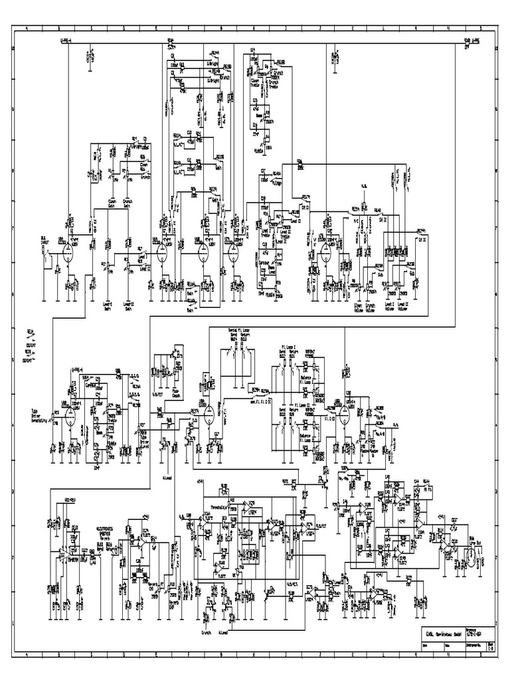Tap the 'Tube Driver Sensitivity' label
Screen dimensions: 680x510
[x=42, y=414]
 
